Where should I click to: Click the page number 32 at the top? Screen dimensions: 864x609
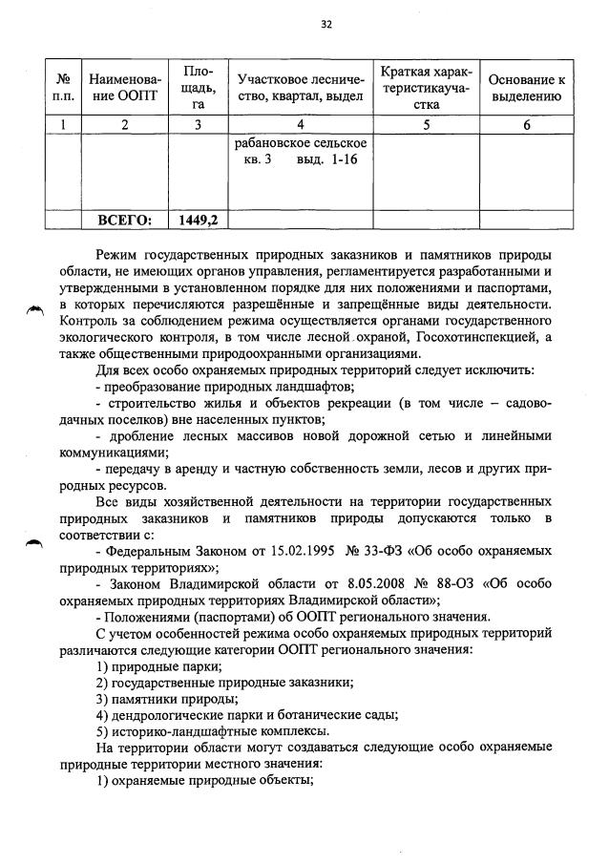(325, 25)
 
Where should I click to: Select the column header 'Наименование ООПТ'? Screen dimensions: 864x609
(124, 85)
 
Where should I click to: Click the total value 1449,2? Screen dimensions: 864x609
(199, 220)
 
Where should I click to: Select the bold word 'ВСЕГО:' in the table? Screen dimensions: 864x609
(124, 220)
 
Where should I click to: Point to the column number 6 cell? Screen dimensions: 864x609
(527, 124)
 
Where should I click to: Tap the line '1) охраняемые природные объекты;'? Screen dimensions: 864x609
(204, 781)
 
